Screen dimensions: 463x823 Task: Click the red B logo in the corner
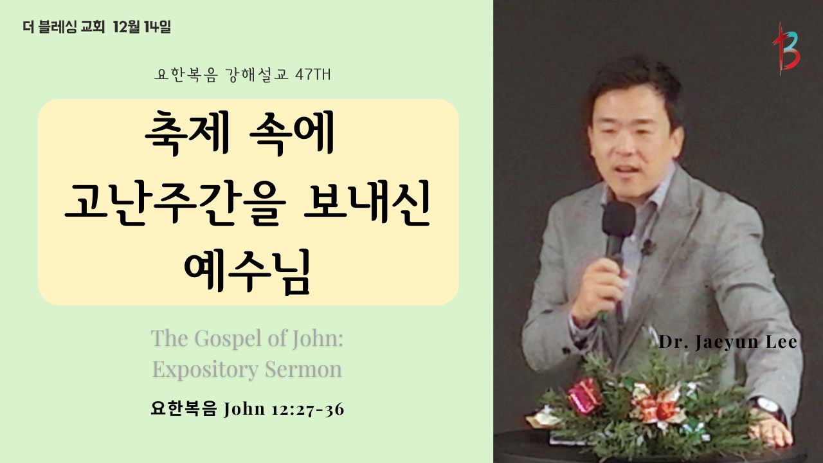pos(786,50)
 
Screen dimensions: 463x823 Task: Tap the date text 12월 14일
pos(141,27)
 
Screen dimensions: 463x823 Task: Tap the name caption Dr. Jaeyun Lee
pos(727,342)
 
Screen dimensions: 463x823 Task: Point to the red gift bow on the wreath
pos(584,395)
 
